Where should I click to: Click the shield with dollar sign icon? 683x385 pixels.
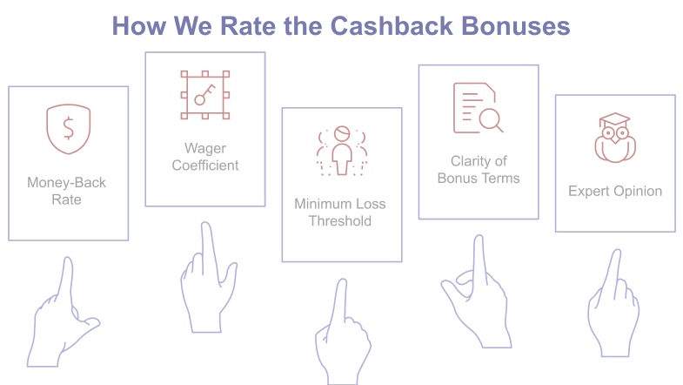68,128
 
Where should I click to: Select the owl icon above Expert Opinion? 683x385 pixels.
614,138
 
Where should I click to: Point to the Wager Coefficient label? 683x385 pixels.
205,157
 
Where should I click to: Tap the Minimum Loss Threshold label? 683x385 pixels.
340,213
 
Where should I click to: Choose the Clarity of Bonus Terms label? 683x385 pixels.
478,170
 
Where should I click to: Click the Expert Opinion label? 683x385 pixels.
615,191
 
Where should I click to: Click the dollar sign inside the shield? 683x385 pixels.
68,129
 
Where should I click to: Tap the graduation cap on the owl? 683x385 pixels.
615,120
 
